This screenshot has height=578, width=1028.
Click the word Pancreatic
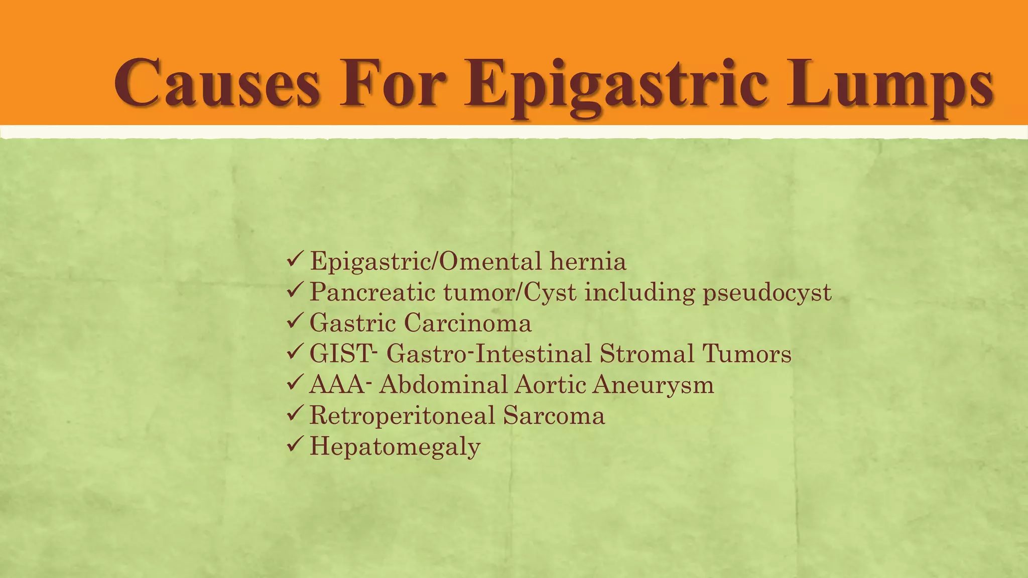(372, 293)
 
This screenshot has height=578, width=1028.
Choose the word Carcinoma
(467, 323)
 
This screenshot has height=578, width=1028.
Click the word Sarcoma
(554, 416)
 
